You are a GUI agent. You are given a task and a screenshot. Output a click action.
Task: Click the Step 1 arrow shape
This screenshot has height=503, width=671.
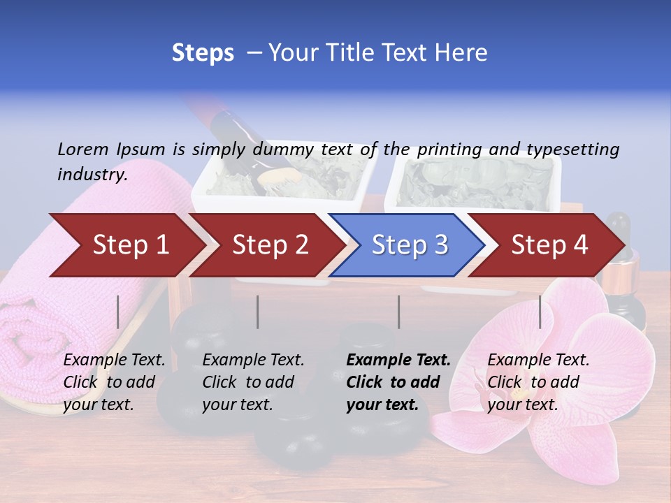point(130,245)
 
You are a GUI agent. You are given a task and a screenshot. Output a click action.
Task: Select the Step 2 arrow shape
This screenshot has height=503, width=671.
point(270,245)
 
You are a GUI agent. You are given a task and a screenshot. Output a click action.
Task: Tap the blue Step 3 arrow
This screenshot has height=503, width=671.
point(409,245)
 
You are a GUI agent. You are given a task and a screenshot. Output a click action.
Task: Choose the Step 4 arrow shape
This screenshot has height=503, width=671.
point(549,245)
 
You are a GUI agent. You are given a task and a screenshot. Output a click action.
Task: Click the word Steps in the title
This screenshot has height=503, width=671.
point(203,53)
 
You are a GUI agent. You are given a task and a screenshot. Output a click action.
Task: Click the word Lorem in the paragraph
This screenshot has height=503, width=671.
point(82,149)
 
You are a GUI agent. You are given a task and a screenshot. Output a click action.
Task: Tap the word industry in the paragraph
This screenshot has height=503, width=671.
point(92,174)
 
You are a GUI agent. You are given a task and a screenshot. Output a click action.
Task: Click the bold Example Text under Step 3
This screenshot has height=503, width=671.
point(398,360)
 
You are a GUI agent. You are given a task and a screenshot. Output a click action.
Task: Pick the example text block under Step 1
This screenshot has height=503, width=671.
point(114,382)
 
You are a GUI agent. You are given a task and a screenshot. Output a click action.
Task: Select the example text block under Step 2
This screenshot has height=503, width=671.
point(253,382)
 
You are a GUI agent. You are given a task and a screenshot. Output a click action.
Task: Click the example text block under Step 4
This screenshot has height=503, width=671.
point(538,382)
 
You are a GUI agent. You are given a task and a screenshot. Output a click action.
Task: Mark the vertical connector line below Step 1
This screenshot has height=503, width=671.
point(118,312)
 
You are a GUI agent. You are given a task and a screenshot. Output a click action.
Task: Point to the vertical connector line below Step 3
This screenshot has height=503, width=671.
point(398,312)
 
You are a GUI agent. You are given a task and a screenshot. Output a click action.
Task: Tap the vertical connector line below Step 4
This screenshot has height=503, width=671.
point(540,312)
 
